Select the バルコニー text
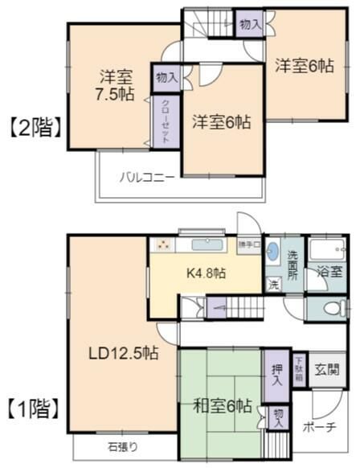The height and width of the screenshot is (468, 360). (x=148, y=178)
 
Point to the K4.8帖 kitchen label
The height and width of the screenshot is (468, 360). (x=207, y=273)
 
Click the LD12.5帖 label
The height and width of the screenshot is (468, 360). (x=122, y=352)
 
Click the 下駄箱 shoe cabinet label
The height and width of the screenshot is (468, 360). (x=299, y=368)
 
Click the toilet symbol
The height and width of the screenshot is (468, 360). (x=332, y=308)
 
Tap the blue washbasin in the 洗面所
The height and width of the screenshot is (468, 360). (x=273, y=249)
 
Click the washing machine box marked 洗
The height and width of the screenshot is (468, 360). (x=273, y=283)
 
